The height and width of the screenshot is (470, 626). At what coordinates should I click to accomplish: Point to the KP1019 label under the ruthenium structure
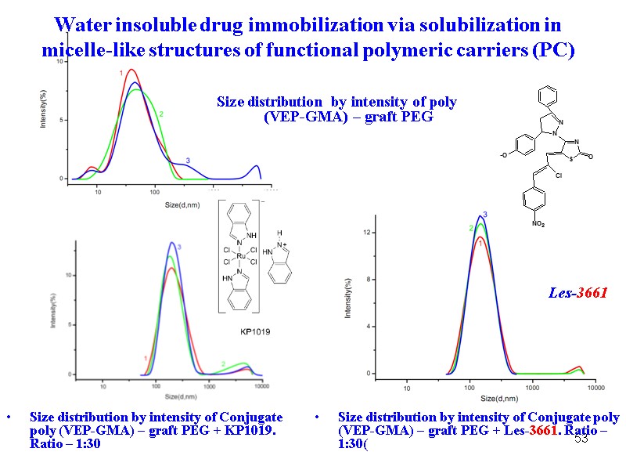[254, 332]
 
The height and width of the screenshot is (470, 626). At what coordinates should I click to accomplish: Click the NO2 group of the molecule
[538, 225]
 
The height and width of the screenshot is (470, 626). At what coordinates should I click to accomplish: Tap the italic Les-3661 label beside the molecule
[577, 293]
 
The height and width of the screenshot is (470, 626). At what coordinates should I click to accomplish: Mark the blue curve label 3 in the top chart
[187, 161]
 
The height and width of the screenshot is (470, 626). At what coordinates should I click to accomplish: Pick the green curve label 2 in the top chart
[161, 114]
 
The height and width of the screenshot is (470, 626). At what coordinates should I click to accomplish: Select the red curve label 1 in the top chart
[121, 73]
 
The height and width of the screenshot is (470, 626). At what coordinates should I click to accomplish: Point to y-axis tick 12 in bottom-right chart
[366, 233]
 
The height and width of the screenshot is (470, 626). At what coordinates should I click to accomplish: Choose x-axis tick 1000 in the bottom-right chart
[532, 388]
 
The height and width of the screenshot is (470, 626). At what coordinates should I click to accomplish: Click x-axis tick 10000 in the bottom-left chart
[262, 386]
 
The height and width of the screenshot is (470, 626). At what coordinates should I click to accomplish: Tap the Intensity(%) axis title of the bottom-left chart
[53, 310]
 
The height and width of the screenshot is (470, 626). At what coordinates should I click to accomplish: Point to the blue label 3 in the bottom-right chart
[485, 215]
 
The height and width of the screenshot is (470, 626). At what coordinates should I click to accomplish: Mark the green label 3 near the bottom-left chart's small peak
[223, 363]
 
